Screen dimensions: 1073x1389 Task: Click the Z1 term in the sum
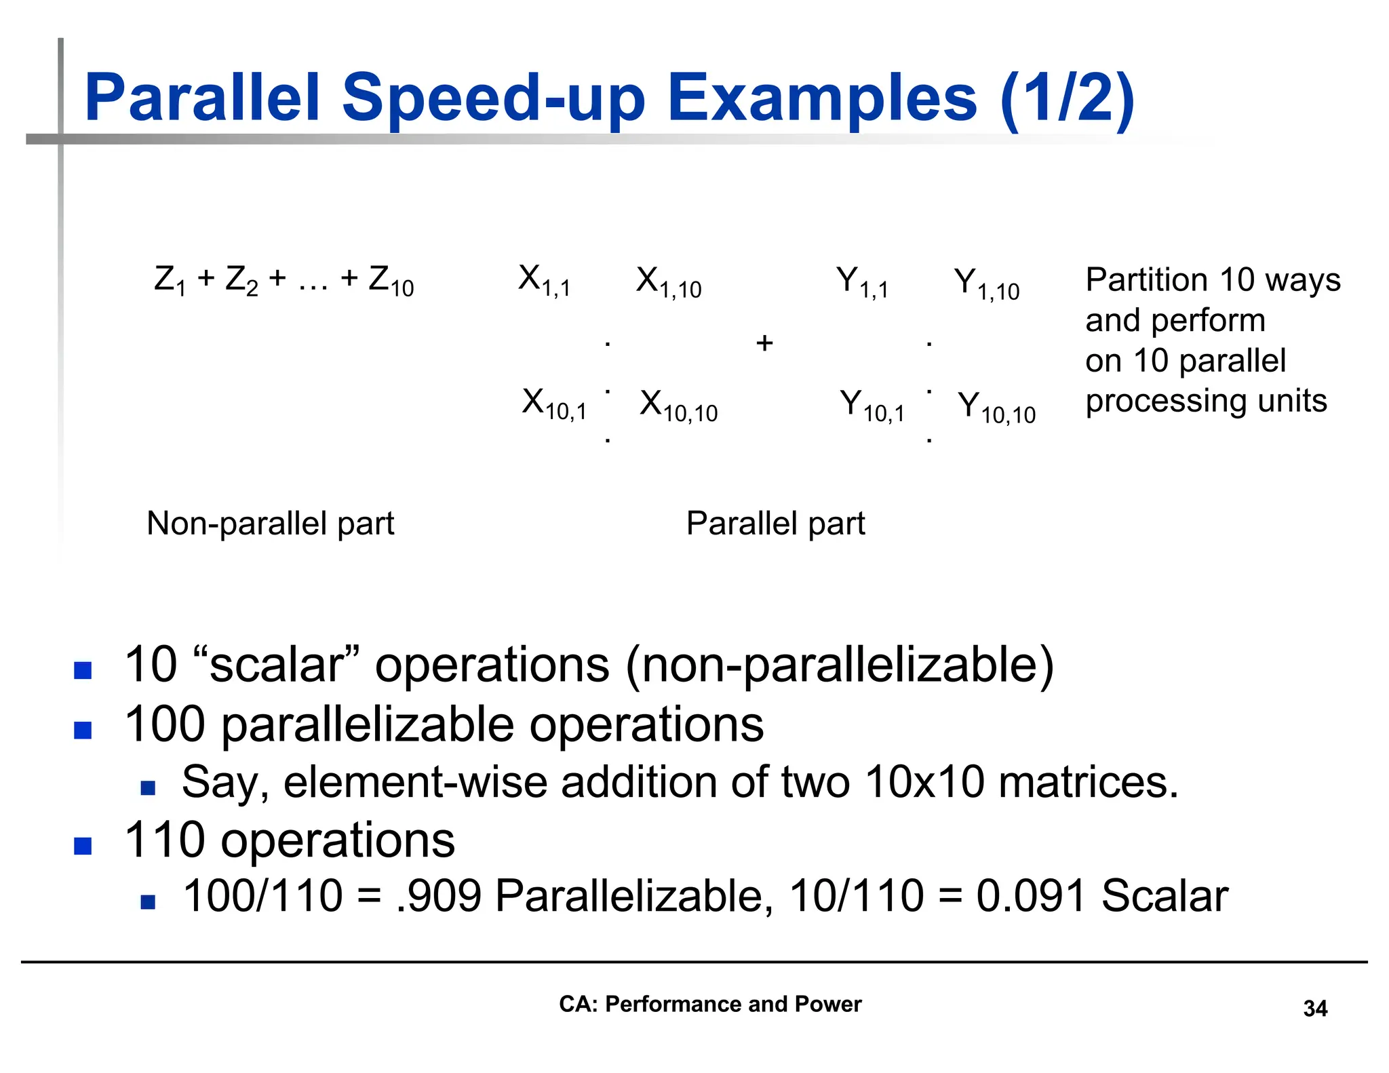[170, 280]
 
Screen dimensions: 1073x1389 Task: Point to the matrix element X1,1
[544, 281]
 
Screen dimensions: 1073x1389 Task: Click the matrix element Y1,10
[986, 284]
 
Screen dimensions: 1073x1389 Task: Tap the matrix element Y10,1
[872, 406]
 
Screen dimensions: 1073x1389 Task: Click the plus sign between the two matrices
[764, 343]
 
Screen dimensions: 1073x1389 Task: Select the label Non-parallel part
[270, 524]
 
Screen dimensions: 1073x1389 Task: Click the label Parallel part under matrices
[775, 524]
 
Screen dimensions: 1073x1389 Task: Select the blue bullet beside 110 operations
[83, 846]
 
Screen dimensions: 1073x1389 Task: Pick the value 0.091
[1031, 896]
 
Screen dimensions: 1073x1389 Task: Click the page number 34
[1314, 1009]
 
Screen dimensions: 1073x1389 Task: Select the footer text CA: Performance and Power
[709, 1004]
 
